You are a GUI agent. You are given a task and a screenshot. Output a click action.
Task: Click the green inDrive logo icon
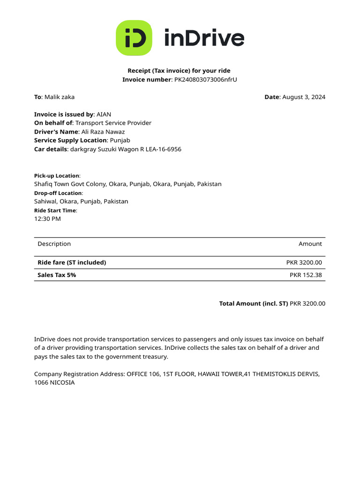pyautogui.click(x=134, y=38)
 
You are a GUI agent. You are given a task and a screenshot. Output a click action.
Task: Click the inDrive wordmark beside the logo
pyautogui.click(x=204, y=38)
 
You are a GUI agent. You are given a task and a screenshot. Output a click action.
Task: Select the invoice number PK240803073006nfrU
pyautogui.click(x=205, y=80)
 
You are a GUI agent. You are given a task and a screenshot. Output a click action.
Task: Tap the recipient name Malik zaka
pyautogui.click(x=59, y=97)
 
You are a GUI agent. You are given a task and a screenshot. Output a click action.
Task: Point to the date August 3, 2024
pyautogui.click(x=304, y=97)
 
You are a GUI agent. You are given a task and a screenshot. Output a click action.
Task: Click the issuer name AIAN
pyautogui.click(x=104, y=114)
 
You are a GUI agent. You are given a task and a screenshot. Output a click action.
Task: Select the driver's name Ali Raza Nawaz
pyautogui.click(x=103, y=132)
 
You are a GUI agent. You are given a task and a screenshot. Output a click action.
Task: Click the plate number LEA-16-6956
pyautogui.click(x=164, y=149)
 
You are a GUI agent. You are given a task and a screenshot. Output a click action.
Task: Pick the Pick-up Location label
pyautogui.click(x=57, y=176)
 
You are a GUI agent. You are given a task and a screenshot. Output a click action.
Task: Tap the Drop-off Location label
pyautogui.click(x=58, y=193)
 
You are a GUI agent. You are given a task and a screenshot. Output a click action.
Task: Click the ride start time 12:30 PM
pyautogui.click(x=47, y=219)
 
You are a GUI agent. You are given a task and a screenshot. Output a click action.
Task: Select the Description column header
pyautogui.click(x=54, y=244)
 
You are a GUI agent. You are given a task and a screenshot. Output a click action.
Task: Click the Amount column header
pyautogui.click(x=310, y=244)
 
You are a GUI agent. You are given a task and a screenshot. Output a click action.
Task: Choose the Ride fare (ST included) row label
pyautogui.click(x=72, y=262)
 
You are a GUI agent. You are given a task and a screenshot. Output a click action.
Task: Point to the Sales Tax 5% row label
pyautogui.click(x=57, y=275)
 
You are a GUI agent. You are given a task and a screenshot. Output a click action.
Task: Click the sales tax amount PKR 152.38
pyautogui.click(x=306, y=275)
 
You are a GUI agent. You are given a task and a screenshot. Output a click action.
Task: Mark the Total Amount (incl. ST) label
pyautogui.click(x=253, y=304)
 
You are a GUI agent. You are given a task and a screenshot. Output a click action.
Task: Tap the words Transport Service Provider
pyautogui.click(x=113, y=123)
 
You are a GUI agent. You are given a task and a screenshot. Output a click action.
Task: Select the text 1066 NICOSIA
pyautogui.click(x=54, y=382)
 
